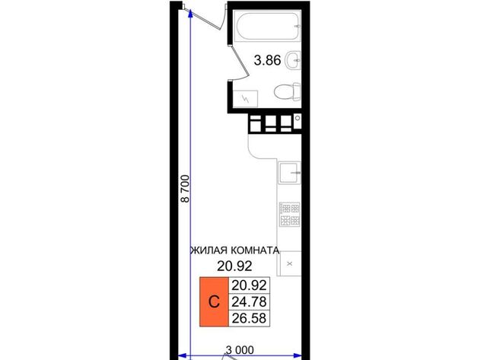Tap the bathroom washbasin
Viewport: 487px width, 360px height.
[293, 60]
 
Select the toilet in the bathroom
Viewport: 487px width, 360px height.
[288, 92]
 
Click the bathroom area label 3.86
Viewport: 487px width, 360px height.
[267, 60]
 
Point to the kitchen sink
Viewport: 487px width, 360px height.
[289, 173]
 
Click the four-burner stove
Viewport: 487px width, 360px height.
[289, 214]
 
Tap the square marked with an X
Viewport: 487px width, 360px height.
[290, 263]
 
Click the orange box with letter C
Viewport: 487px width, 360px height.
[214, 301]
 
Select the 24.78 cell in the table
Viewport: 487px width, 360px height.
[249, 301]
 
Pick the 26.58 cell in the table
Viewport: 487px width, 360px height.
[249, 318]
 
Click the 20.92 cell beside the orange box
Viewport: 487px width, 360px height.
[249, 285]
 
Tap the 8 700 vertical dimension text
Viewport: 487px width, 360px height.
[185, 189]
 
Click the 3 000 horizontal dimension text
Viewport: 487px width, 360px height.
[240, 350]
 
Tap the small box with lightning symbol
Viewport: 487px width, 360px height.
[245, 99]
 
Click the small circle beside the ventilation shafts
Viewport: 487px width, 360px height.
[298, 118]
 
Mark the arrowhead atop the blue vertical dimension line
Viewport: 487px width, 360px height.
[190, 13]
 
